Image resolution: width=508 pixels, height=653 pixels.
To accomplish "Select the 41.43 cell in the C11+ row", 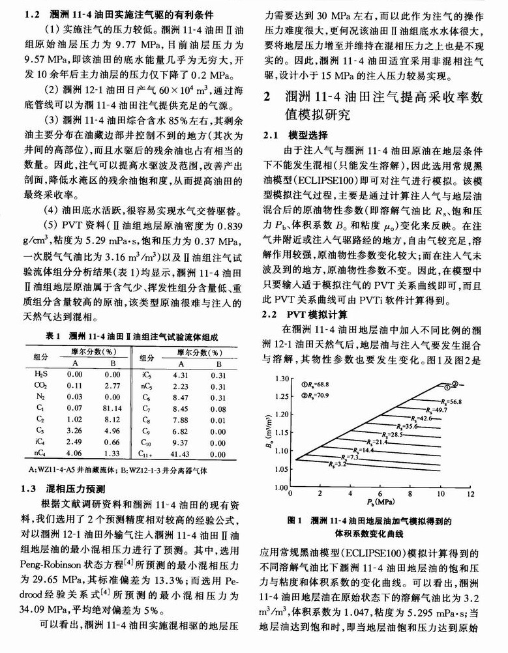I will (x=180, y=452).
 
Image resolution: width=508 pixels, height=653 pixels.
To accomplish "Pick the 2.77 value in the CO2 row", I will (x=112, y=385).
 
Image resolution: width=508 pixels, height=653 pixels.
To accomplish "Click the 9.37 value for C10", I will (x=180, y=441).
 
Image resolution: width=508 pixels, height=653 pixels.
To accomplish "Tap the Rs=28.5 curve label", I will (x=393, y=434).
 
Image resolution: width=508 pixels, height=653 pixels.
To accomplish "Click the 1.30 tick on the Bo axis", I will (x=278, y=378).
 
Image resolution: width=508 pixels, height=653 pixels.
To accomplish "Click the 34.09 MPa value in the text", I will (x=44, y=611).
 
